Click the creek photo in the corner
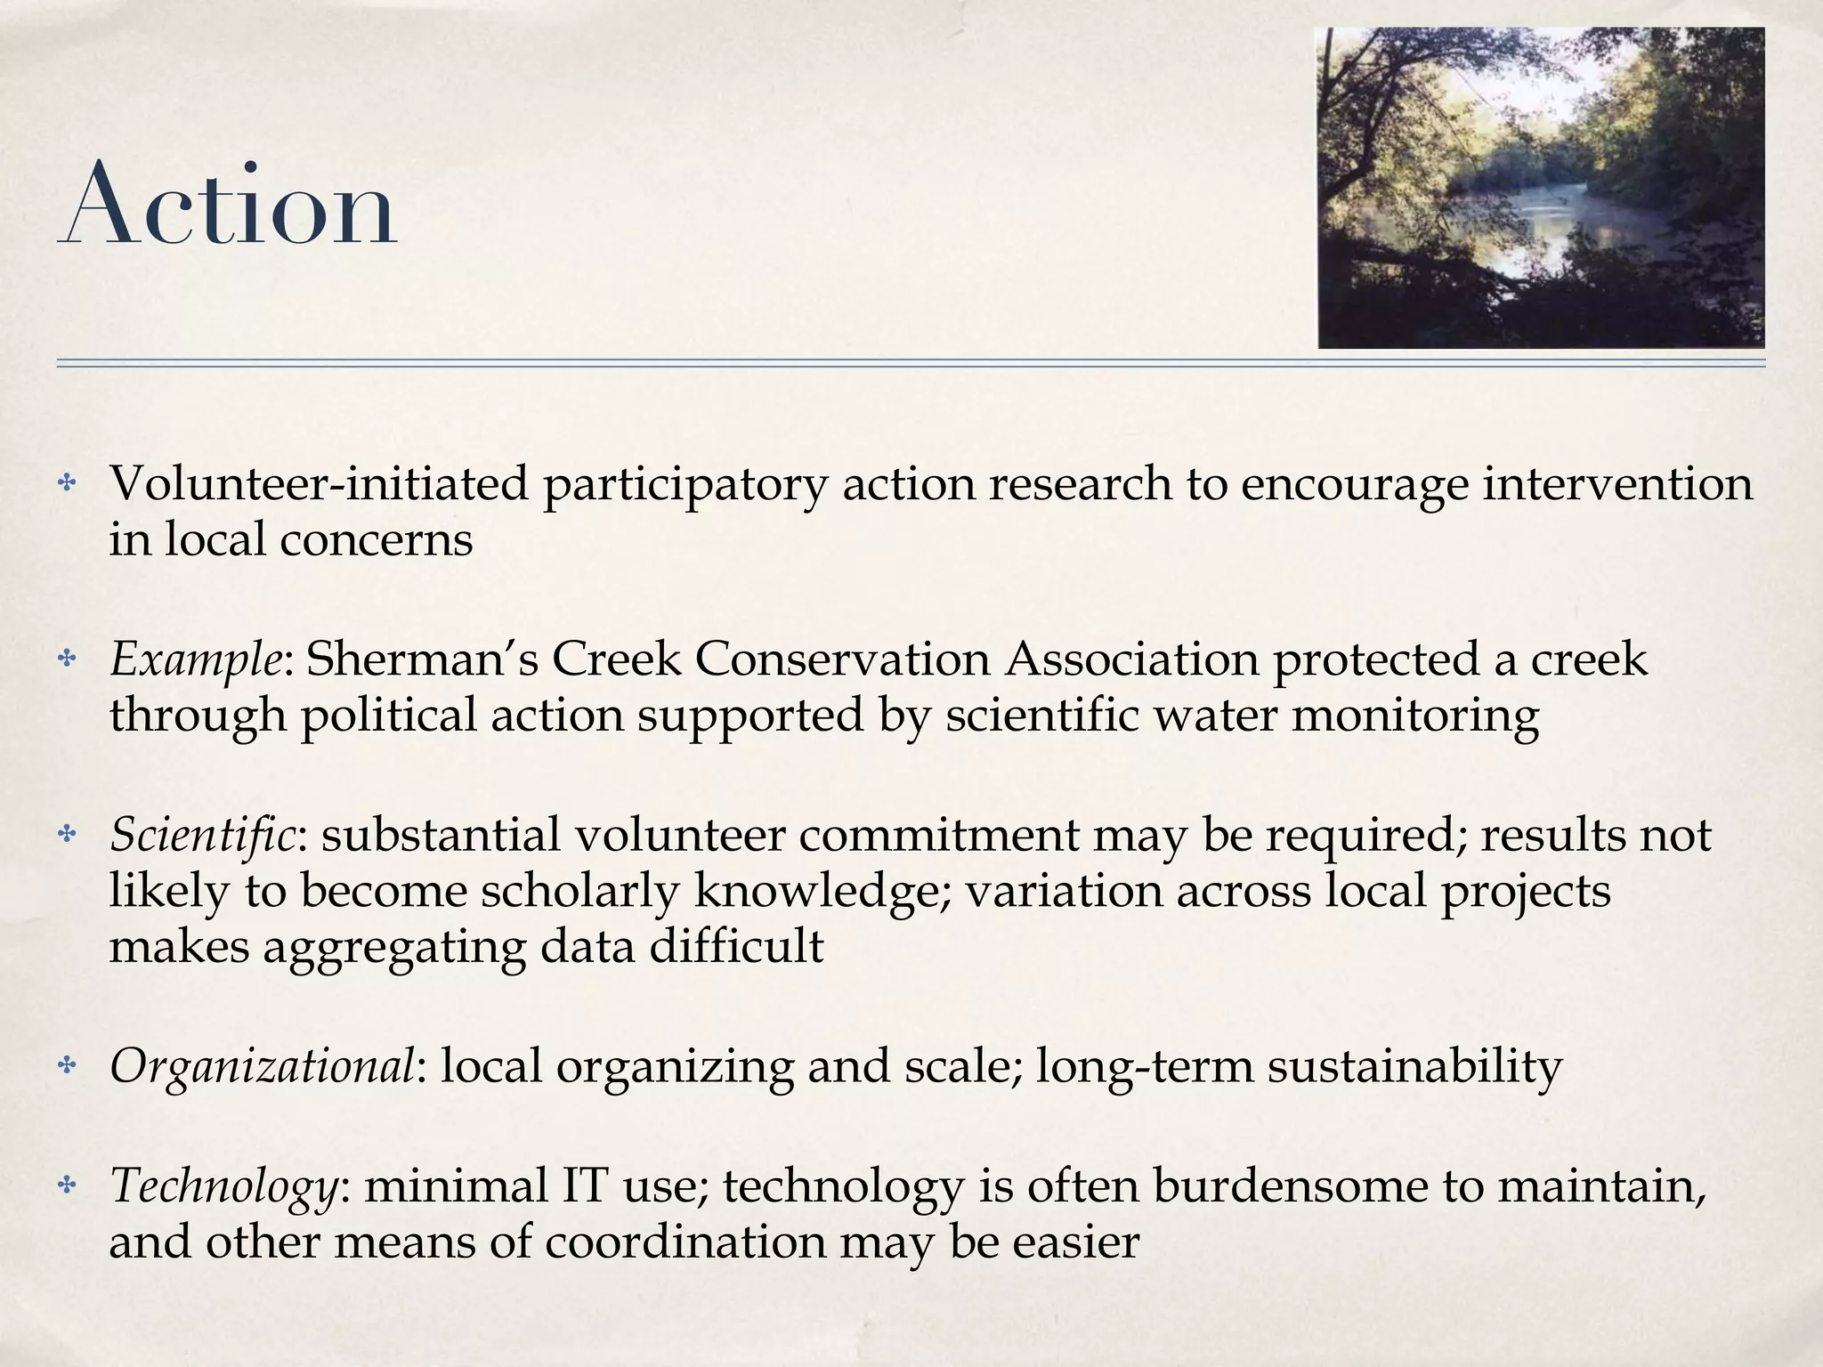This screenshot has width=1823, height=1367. click(1540, 188)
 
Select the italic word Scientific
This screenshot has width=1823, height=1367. click(202, 836)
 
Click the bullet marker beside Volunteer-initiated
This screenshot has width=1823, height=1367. click(66, 484)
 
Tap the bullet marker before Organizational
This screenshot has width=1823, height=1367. click(66, 1065)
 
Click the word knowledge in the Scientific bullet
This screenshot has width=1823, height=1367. click(822, 892)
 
